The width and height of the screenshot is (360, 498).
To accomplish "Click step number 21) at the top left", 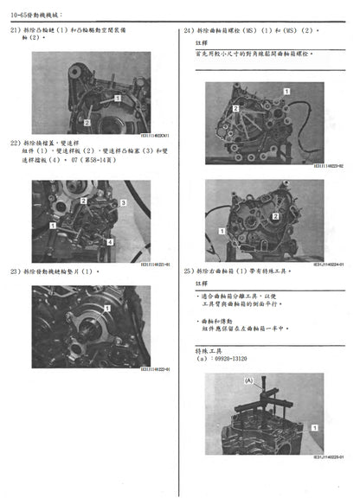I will pyautogui.click(x=16, y=30).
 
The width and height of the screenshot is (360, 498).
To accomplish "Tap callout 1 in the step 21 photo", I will pyautogui.click(x=118, y=99).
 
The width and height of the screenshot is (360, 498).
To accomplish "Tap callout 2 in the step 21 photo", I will pyautogui.click(x=88, y=123).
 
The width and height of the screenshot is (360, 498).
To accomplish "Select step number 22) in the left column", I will pyautogui.click(x=16, y=142).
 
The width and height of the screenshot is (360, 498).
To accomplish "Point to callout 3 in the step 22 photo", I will pyautogui.click(x=124, y=202).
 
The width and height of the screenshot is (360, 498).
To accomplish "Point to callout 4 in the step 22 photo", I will pyautogui.click(x=111, y=243).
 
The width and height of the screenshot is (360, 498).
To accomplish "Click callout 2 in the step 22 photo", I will pyautogui.click(x=83, y=200).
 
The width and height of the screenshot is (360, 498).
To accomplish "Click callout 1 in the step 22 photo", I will pyautogui.click(x=54, y=225).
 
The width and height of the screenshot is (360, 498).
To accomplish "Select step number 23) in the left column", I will pyautogui.click(x=16, y=271).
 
